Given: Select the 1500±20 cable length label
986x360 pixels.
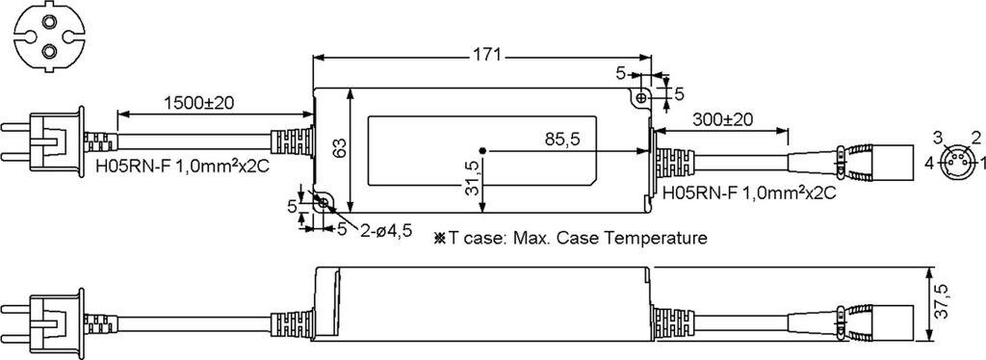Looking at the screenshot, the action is point(199,103).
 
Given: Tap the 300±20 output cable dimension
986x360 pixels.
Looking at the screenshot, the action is point(723,118).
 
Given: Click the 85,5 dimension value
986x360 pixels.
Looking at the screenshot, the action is point(562,141).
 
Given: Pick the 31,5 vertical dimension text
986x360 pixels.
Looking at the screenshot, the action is point(473,177).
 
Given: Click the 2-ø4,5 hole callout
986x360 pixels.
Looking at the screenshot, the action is point(386,231).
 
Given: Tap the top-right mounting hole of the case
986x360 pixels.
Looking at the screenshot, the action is point(640,98).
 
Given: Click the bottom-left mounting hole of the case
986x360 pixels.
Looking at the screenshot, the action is point(324,202).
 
